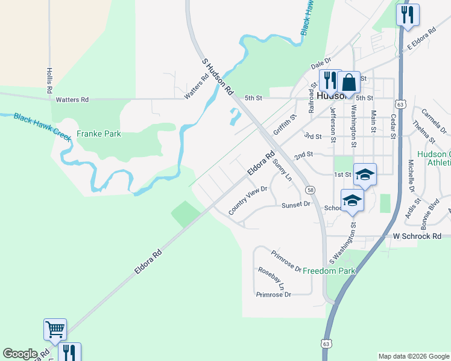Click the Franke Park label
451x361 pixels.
(99, 134)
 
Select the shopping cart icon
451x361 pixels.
(55, 330)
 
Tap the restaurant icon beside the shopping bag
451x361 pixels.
(329, 79)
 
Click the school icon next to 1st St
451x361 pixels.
(365, 174)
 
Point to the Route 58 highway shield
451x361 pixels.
(310, 190)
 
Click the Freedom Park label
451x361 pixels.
(329, 271)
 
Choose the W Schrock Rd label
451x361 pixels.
(417, 236)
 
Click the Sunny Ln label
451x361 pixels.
(282, 170)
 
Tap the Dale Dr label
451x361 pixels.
(321, 63)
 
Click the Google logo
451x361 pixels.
(20, 354)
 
